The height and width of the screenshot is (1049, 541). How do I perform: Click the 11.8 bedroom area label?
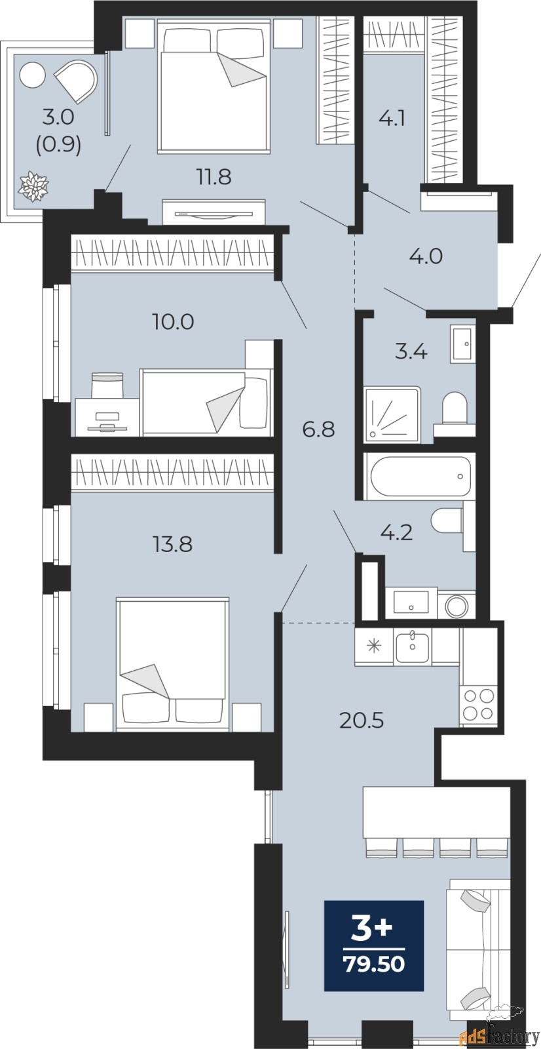pyautogui.click(x=214, y=178)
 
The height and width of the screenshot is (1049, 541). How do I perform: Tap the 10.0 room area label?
pyautogui.click(x=173, y=322)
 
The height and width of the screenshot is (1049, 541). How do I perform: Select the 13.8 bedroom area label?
pyautogui.click(x=173, y=545)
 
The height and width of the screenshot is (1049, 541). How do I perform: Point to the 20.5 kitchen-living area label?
pyautogui.click(x=362, y=721)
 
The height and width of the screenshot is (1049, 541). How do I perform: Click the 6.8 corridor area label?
pyautogui.click(x=319, y=429)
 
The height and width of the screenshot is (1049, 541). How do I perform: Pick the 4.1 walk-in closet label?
pyautogui.click(x=391, y=119)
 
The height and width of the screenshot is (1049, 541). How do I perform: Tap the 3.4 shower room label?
pyautogui.click(x=411, y=351)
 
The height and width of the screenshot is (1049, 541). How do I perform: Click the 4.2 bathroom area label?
pyautogui.click(x=397, y=533)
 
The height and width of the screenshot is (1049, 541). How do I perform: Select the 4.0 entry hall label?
pyautogui.click(x=426, y=256)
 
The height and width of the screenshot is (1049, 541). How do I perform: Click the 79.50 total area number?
pyautogui.click(x=374, y=964)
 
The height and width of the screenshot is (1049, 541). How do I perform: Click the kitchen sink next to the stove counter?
pyautogui.click(x=413, y=646)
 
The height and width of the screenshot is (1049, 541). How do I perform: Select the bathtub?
pyautogui.click(x=420, y=476)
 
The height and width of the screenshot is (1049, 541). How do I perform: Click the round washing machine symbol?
pyautogui.click(x=457, y=606)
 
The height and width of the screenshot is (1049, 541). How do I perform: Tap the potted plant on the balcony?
pyautogui.click(x=33, y=187)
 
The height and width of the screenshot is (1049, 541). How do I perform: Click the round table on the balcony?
pyautogui.click(x=32, y=75)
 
